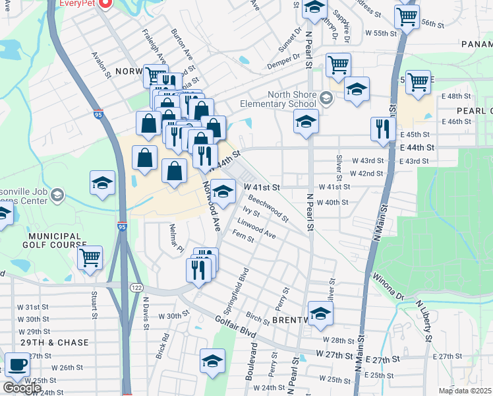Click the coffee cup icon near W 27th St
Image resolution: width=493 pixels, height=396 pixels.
pyautogui.click(x=17, y=364)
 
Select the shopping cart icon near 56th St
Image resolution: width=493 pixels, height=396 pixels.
pyautogui.click(x=407, y=16)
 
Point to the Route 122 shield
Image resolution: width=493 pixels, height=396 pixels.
pyautogui.click(x=137, y=288)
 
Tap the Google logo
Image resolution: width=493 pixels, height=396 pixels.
pyautogui.click(x=21, y=388)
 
